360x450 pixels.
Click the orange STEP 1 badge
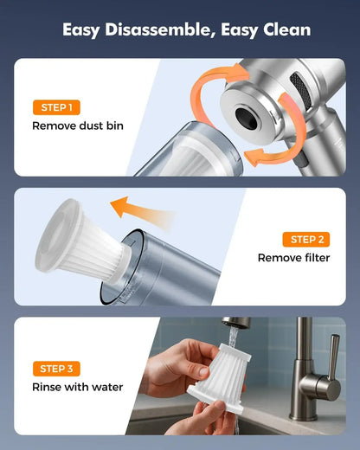(57, 108)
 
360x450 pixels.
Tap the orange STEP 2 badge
(305, 240)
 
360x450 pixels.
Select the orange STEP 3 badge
(57, 369)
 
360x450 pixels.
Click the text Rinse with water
(77, 387)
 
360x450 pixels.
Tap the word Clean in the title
(282, 30)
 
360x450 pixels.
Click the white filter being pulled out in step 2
(82, 239)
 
